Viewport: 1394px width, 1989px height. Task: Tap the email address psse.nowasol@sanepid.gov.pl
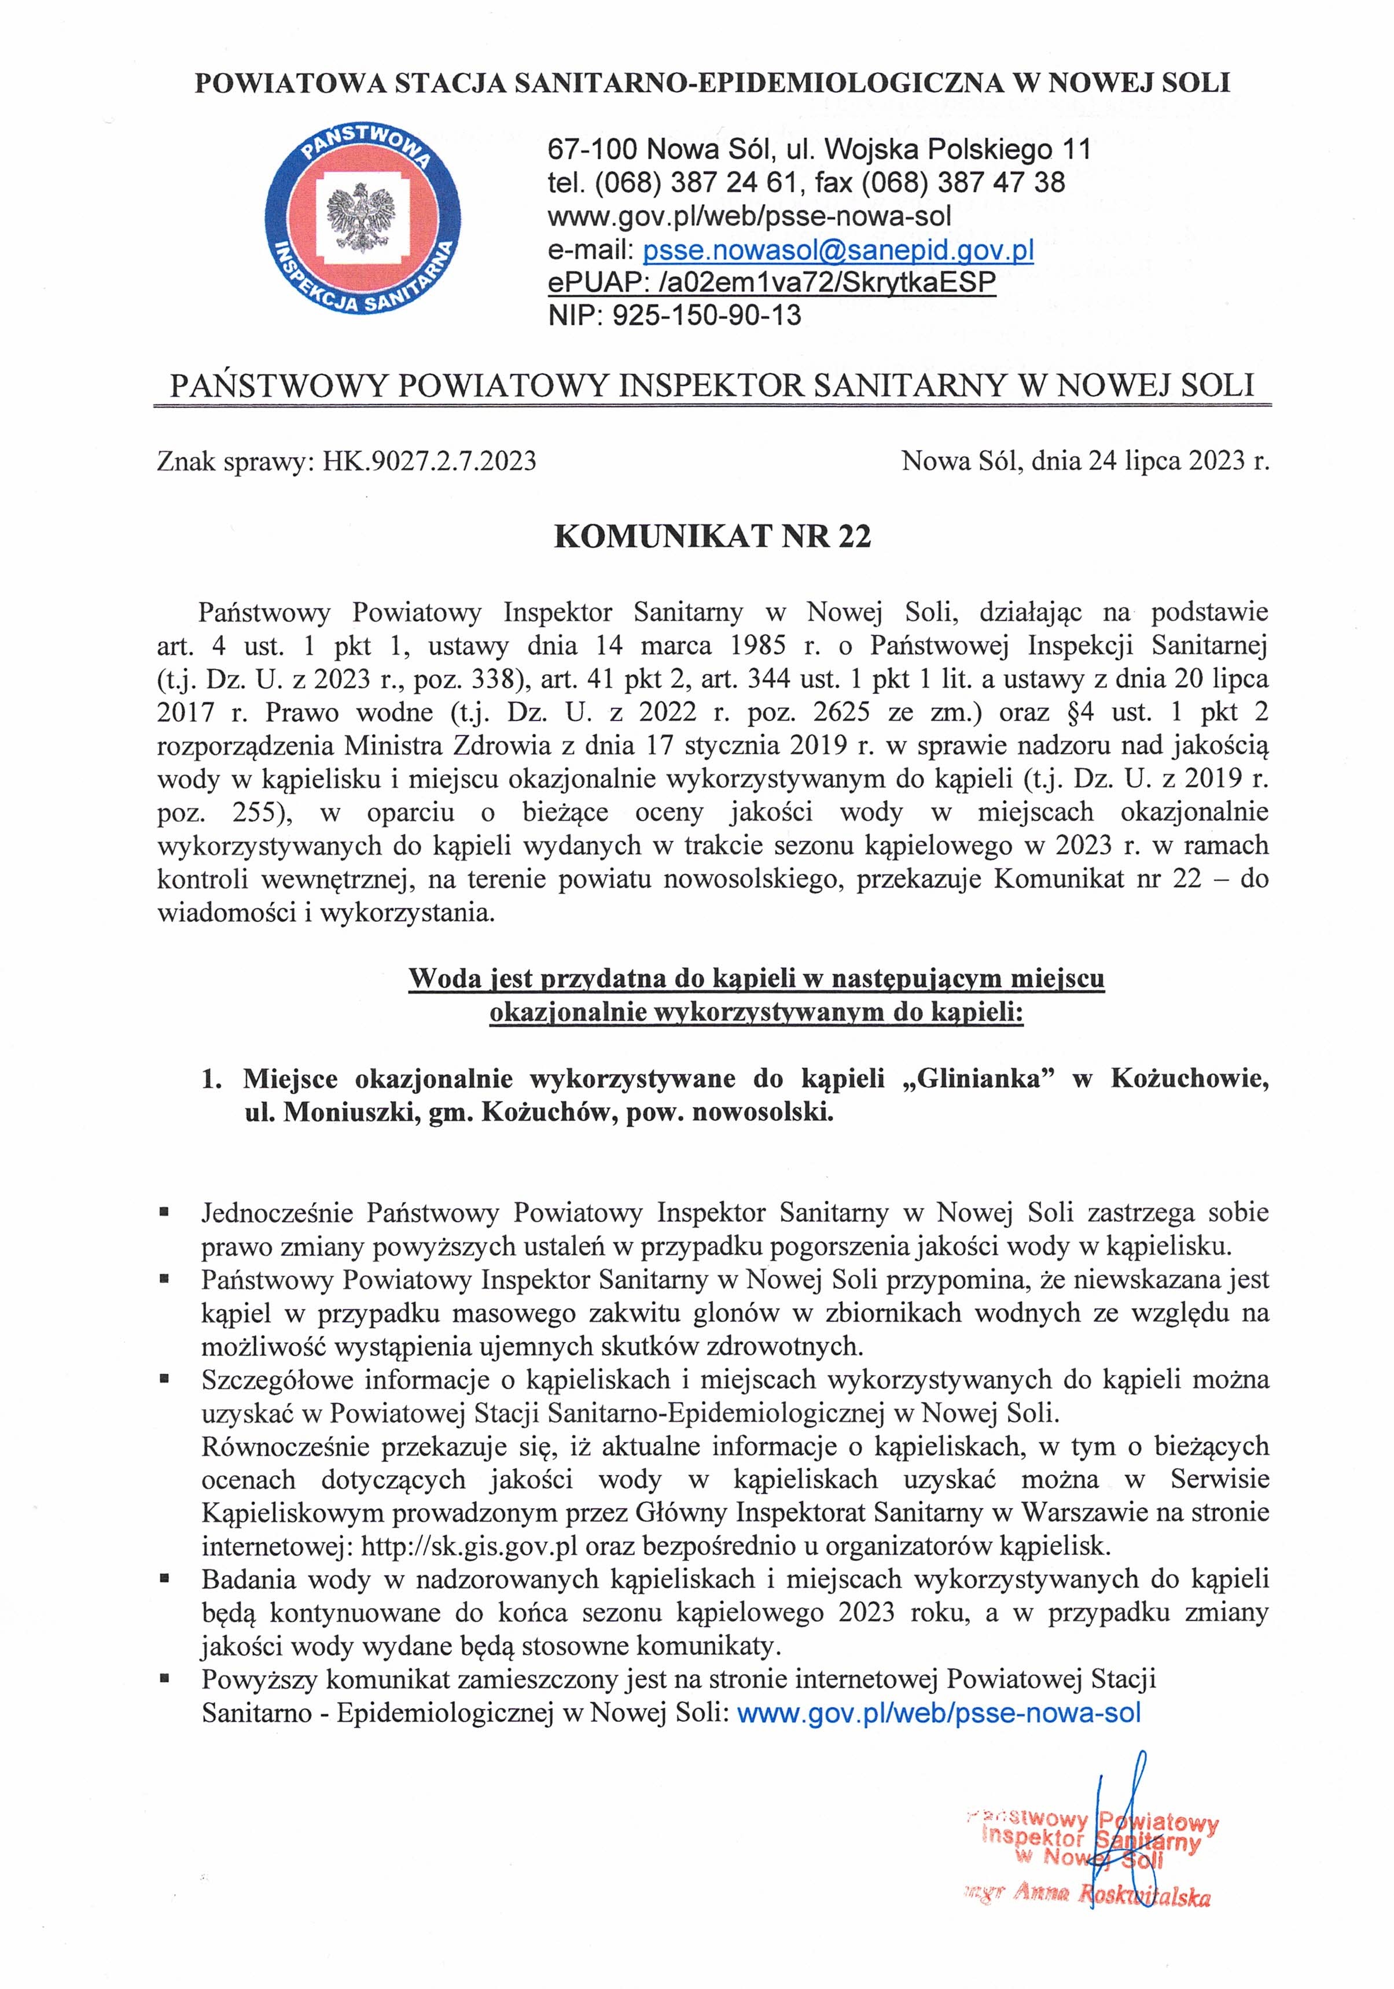838,251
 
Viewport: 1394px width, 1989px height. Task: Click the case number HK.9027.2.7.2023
430,460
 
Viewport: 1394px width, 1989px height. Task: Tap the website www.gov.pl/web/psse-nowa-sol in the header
749,216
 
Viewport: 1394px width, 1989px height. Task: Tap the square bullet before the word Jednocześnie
163,1212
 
